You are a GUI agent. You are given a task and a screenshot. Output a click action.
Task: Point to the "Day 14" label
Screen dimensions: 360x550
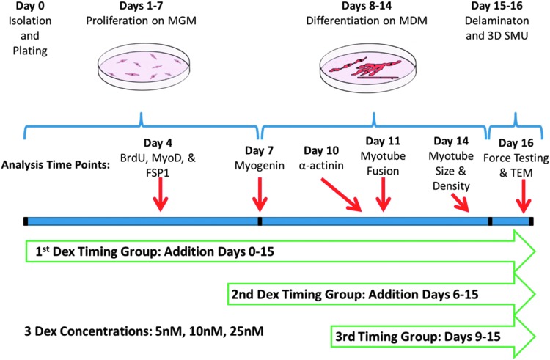pos(450,141)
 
